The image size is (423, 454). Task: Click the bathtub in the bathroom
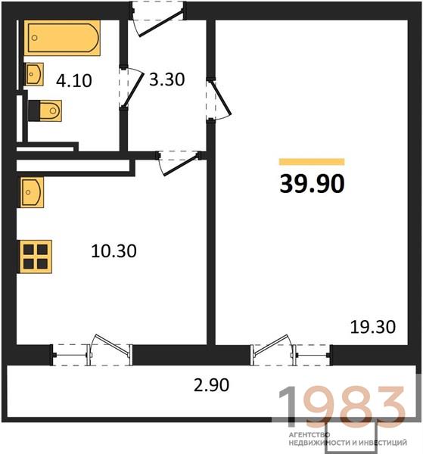tap(62, 38)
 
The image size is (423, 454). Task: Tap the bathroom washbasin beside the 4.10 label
tap(34, 74)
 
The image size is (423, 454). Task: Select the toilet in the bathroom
tap(45, 110)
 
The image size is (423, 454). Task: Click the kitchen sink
tap(32, 192)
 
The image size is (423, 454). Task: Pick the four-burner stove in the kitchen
tap(36, 257)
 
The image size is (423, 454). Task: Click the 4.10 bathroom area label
tap(74, 80)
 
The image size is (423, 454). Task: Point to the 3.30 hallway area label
tap(166, 79)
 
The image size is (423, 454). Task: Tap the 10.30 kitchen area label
tap(114, 251)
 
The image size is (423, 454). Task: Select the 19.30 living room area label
tap(373, 327)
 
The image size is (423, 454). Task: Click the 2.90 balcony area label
tap(211, 385)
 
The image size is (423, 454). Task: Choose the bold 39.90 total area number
tap(312, 184)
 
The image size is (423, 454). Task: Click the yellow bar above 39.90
tap(312, 162)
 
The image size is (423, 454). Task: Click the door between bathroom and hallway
tap(132, 88)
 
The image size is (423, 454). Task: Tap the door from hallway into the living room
tap(219, 100)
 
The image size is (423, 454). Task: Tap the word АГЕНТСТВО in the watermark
tap(309, 434)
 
